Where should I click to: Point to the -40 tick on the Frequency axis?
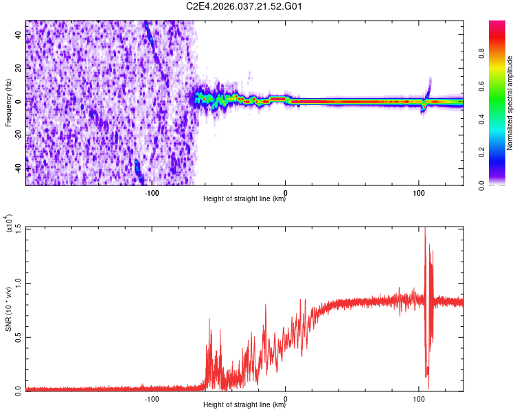point(17,168)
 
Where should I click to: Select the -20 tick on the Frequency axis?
point(17,135)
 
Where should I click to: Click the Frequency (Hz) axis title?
point(8,103)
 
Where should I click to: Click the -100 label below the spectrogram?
point(152,193)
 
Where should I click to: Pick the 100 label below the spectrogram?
point(419,193)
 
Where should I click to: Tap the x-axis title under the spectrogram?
point(244,200)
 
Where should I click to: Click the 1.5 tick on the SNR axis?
point(17,227)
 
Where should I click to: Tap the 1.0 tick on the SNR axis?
point(17,282)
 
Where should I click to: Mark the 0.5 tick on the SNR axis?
point(17,336)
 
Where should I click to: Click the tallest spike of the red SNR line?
point(424,229)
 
